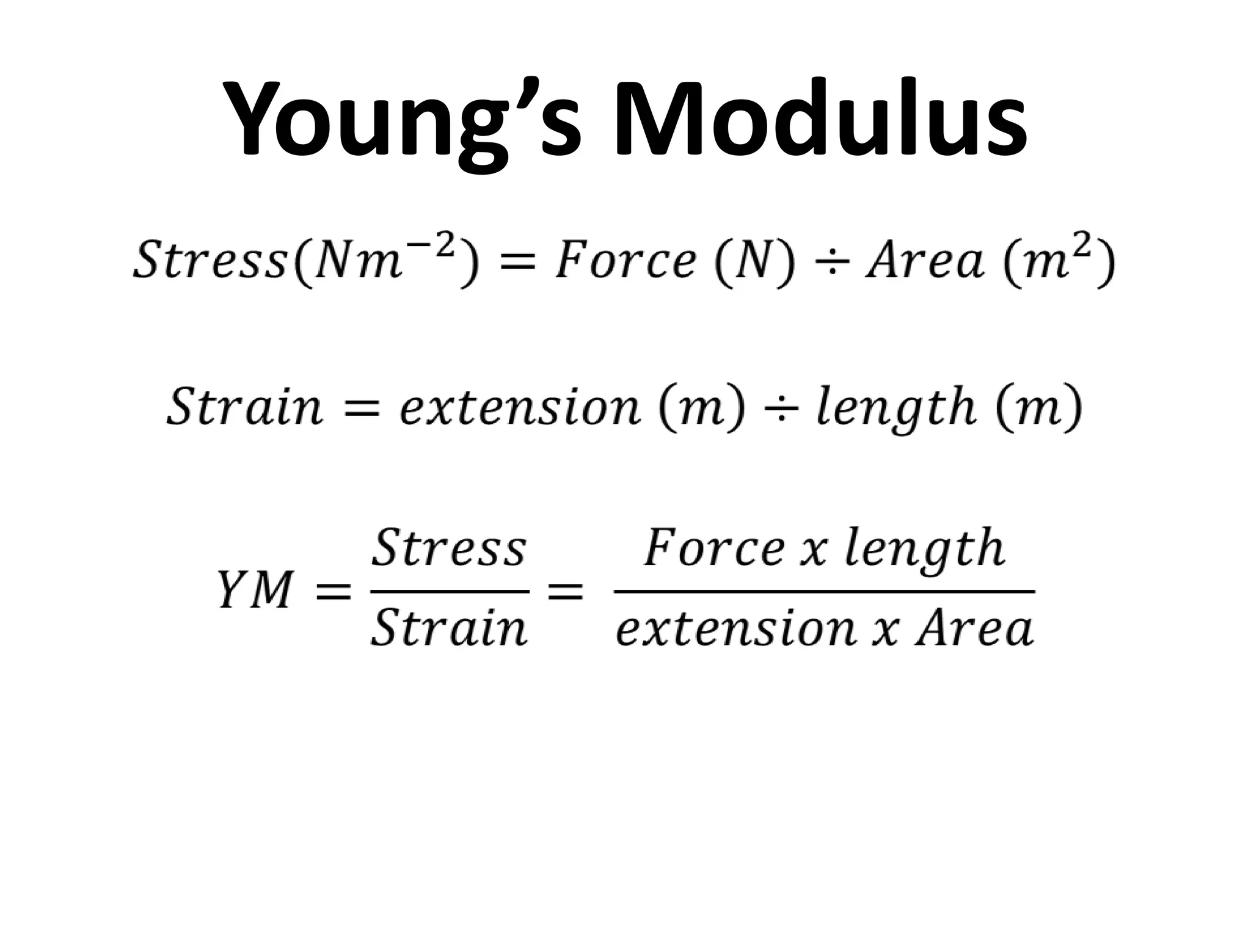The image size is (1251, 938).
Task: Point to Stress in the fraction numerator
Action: (449, 548)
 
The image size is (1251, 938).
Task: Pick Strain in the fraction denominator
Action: (449, 629)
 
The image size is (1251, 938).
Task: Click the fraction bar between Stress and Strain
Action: (449, 591)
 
